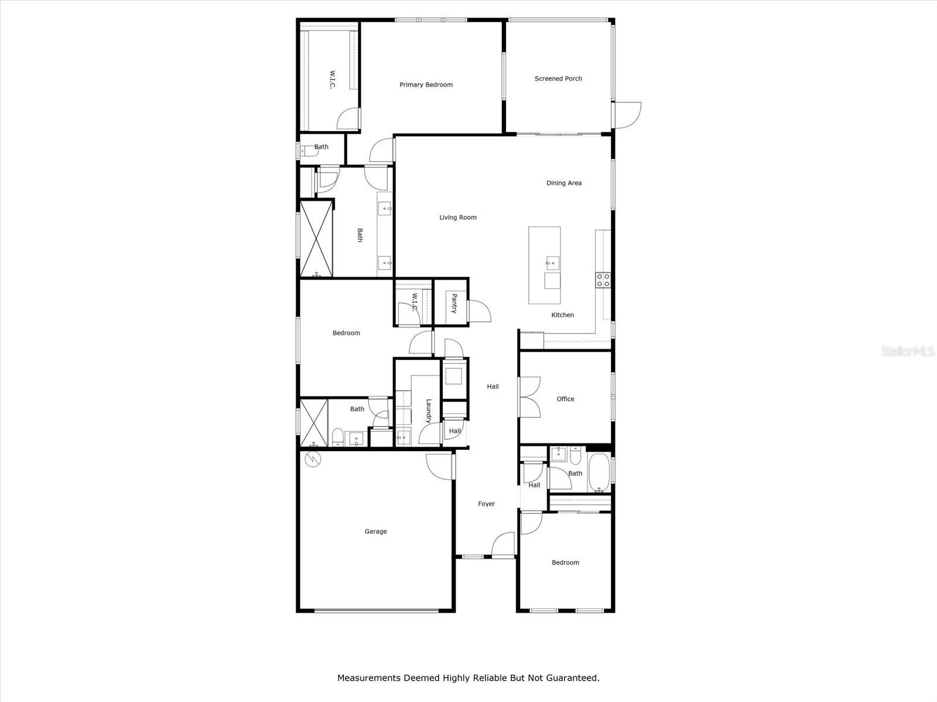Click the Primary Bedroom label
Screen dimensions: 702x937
[426, 85]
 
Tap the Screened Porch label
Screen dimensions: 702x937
[558, 78]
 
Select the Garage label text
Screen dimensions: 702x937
[375, 531]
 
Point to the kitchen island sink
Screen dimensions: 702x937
[552, 262]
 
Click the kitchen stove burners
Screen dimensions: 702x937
[603, 280]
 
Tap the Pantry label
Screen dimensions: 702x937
[454, 304]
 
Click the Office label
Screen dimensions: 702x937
[565, 399]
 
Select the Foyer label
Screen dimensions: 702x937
[486, 504]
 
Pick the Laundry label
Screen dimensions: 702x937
[429, 411]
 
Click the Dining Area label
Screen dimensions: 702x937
[563, 183]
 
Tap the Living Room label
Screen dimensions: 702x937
[458, 218]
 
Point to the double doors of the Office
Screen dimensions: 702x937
[530, 397]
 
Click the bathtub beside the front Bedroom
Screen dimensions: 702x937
[598, 473]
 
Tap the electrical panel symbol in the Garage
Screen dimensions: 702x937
[313, 460]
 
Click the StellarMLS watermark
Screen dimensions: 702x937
[907, 352]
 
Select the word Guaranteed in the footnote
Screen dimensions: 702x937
[573, 678]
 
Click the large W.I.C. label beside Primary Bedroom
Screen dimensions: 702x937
[332, 80]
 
